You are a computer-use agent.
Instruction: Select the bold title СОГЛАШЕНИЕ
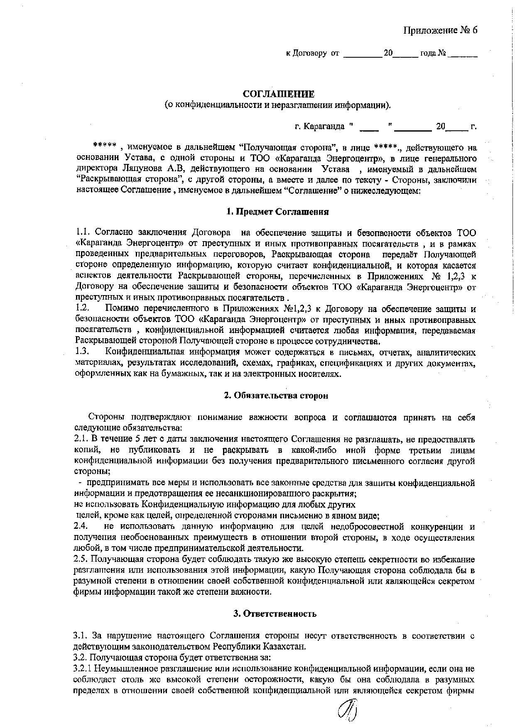(x=279, y=94)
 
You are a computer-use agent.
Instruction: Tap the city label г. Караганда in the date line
(x=319, y=126)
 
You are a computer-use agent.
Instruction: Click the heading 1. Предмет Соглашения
(x=278, y=212)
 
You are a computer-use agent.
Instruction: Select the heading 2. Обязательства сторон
(x=276, y=395)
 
